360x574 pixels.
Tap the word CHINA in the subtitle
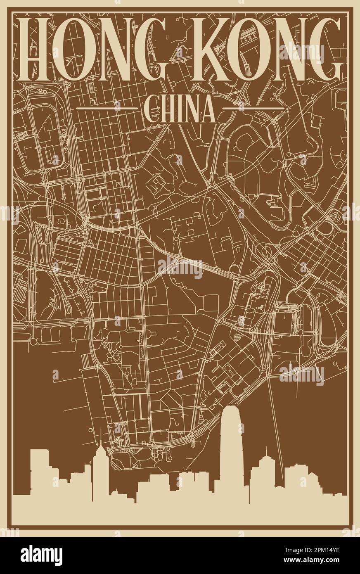[x=180, y=109]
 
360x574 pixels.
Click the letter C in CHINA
[x=150, y=109]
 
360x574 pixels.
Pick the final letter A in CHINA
[x=208, y=109]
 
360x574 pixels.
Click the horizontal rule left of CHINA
[x=107, y=108]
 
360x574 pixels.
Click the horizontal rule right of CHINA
[x=253, y=108]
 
